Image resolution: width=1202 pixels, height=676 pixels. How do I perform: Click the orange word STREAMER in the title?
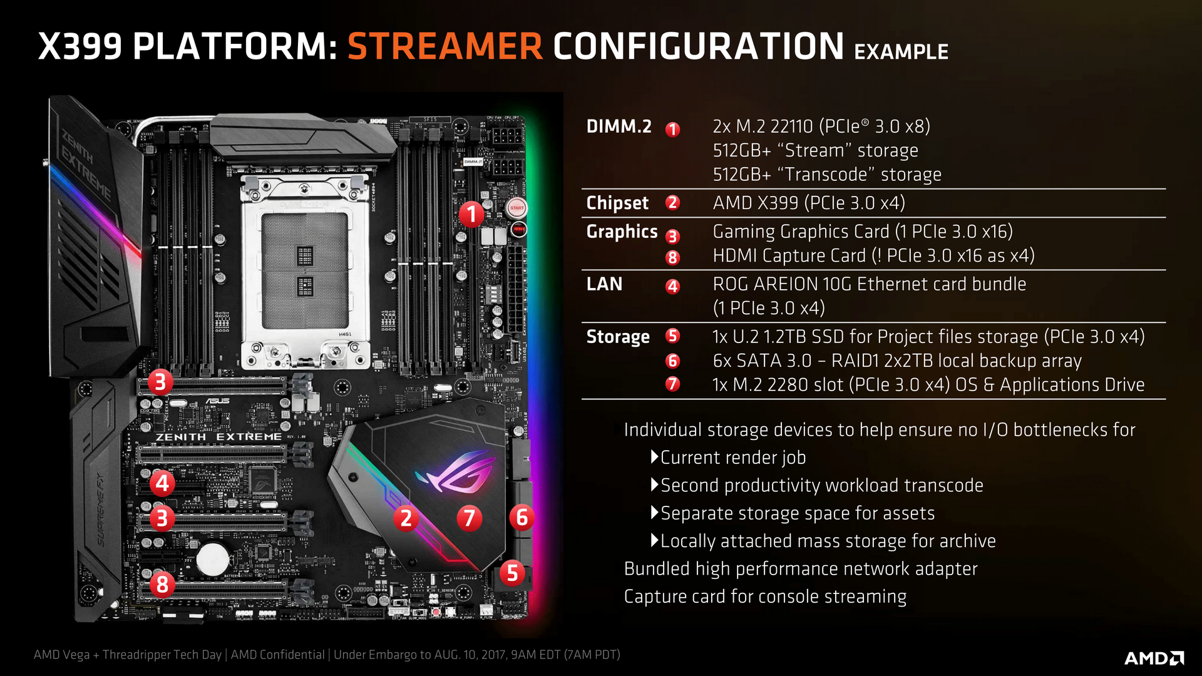pyautogui.click(x=444, y=46)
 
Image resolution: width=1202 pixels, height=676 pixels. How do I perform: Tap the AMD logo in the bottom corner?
pyautogui.click(x=1154, y=658)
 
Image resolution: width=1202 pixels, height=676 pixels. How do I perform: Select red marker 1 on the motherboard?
pyautogui.click(x=471, y=214)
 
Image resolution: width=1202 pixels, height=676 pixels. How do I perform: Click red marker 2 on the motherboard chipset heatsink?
pyautogui.click(x=406, y=518)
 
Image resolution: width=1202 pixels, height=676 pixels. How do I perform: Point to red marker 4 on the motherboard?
pyautogui.click(x=162, y=483)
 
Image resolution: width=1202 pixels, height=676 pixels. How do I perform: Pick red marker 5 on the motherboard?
pyautogui.click(x=512, y=572)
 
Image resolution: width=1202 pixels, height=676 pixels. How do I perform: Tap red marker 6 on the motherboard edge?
pyautogui.click(x=521, y=518)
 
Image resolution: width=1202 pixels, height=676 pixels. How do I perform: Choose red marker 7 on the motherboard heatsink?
pyautogui.click(x=469, y=518)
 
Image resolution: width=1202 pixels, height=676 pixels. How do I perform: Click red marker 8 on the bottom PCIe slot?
pyautogui.click(x=162, y=585)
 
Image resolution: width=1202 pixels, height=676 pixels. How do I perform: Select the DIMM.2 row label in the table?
pyautogui.click(x=619, y=126)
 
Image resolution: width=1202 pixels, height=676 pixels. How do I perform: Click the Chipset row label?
pyautogui.click(x=617, y=203)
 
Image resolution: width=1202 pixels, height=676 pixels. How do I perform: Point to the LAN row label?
pyautogui.click(x=604, y=284)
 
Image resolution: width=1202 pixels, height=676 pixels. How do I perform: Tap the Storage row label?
pyautogui.click(x=618, y=337)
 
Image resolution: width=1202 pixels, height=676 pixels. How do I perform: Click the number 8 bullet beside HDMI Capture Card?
pyautogui.click(x=672, y=257)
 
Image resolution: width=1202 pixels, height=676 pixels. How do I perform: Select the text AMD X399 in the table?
pyautogui.click(x=756, y=203)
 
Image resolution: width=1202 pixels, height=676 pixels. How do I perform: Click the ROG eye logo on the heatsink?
pyautogui.click(x=455, y=473)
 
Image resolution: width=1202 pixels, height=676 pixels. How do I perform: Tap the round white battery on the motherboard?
pyautogui.click(x=213, y=558)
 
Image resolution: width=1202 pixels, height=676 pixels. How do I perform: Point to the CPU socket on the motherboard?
pyautogui.click(x=306, y=270)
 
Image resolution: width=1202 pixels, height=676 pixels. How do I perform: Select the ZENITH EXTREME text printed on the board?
pyautogui.click(x=218, y=437)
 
